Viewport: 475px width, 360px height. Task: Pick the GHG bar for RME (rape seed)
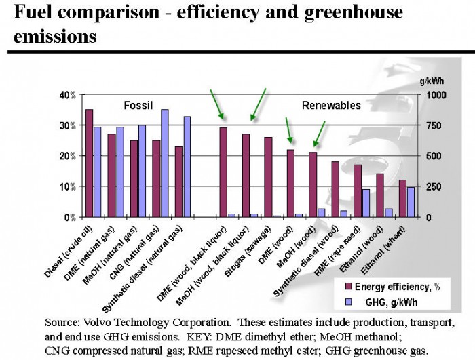tap(366, 203)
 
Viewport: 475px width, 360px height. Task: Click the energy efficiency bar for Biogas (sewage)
tap(268, 177)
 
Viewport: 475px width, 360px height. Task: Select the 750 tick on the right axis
tap(432, 125)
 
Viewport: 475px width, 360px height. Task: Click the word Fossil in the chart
tap(138, 105)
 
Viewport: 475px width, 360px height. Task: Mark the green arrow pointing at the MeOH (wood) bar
tap(319, 134)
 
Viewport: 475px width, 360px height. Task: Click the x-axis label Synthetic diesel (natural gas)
tap(156, 254)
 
